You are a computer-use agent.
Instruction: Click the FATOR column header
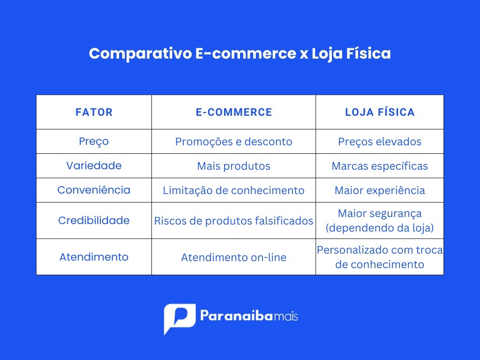pos(94,112)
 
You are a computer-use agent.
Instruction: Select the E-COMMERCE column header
pos(234,112)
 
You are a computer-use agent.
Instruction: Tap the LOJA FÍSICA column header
pos(380,112)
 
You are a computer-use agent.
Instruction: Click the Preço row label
pos(94,142)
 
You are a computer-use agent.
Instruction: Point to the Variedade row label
pos(94,165)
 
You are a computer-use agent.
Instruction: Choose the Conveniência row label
pos(94,190)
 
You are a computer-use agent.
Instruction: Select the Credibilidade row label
pos(94,220)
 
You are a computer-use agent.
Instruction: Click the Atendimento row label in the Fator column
pos(94,257)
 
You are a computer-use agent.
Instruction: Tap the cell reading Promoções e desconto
pos(233,142)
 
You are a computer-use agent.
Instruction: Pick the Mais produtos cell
pos(233,166)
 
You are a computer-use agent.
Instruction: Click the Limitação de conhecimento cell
pos(233,190)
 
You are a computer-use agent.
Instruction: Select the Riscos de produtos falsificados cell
pos(233,221)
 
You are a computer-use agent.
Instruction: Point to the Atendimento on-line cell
pos(233,257)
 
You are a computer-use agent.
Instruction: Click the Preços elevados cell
pos(380,142)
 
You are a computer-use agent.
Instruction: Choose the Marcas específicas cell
pos(380,166)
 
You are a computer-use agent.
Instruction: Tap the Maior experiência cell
pos(380,190)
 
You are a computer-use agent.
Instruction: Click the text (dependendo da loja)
pos(380,228)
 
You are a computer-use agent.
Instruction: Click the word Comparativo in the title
pos(140,53)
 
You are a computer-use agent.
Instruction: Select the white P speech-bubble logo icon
pos(180,319)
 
